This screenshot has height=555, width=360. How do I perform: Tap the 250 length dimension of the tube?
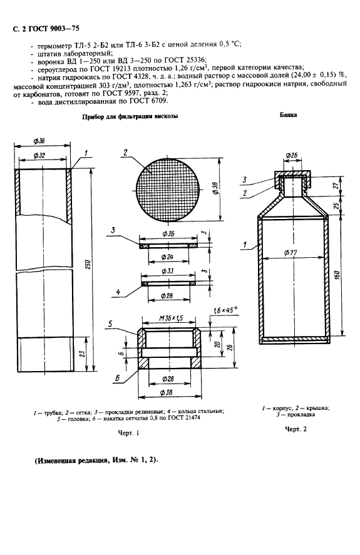point(89,265)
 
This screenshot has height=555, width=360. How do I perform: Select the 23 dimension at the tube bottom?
point(83,354)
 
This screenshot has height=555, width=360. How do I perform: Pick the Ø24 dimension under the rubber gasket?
point(167,257)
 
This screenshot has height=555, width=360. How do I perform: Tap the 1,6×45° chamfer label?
point(225,310)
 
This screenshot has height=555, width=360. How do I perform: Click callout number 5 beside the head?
point(110,323)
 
